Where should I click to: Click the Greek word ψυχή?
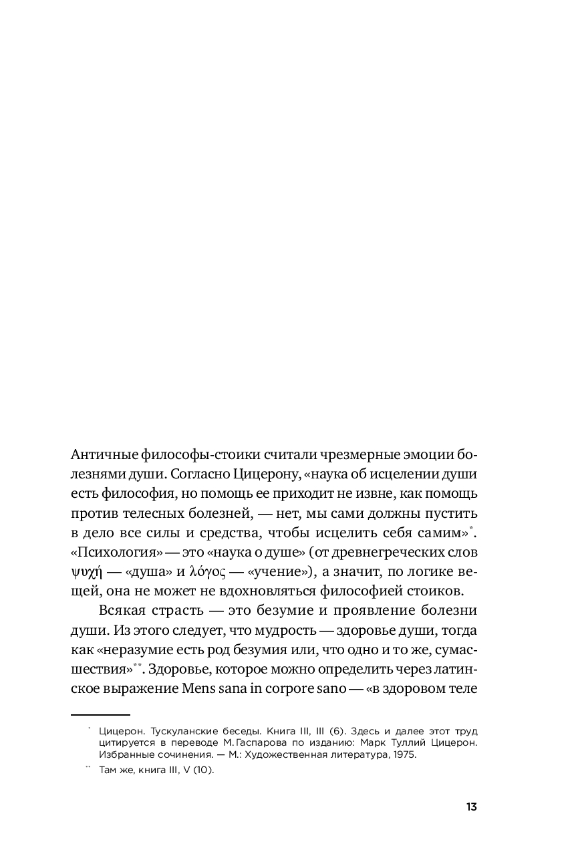click(x=85, y=573)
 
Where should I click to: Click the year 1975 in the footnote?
click(x=403, y=754)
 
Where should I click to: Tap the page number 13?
click(x=471, y=807)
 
